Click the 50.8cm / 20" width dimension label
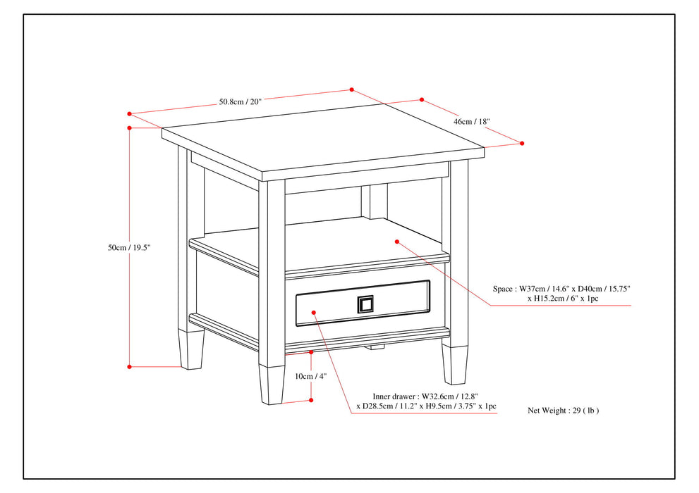(240, 101)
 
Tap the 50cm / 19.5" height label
(129, 248)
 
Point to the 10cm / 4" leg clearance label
(310, 376)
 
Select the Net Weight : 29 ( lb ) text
(563, 410)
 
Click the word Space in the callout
(502, 289)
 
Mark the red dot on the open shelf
(398, 242)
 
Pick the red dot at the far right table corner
(522, 143)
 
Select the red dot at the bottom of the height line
(130, 366)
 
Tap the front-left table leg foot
(191, 350)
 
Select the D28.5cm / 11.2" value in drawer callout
(392, 406)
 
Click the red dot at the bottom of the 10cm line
(311, 400)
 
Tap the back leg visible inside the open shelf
(375, 201)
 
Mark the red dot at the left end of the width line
(130, 113)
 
